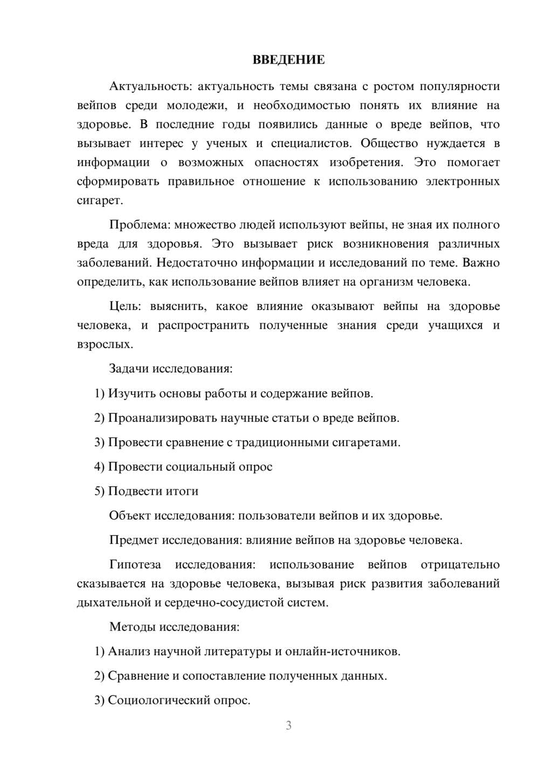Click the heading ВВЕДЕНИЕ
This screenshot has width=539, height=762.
click(288, 60)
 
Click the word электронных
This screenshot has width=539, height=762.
click(462, 181)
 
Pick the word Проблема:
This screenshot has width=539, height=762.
click(139, 225)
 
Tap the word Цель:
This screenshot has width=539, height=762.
click(125, 307)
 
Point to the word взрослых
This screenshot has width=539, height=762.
click(105, 344)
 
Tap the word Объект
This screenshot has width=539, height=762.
click(130, 516)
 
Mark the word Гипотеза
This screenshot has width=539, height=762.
click(135, 565)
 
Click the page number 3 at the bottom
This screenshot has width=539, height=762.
click(288, 725)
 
